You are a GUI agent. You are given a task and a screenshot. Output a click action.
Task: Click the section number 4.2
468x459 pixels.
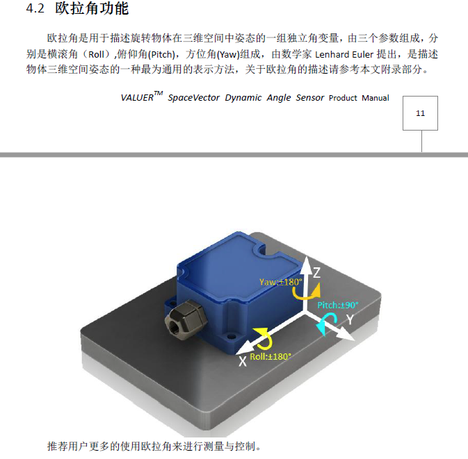pyautogui.click(x=35, y=8)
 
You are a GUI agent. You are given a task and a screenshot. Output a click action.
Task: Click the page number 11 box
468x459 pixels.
pyautogui.click(x=420, y=113)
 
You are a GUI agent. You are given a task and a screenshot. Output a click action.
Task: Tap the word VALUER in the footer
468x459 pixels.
pyautogui.click(x=137, y=98)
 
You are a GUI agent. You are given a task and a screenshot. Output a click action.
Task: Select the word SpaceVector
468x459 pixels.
pyautogui.click(x=193, y=98)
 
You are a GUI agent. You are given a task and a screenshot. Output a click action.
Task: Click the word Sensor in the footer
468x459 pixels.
pyautogui.click(x=310, y=98)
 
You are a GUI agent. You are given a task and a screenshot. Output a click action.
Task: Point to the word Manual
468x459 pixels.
pyautogui.click(x=376, y=98)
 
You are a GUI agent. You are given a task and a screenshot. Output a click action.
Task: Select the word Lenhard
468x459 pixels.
pyautogui.click(x=332, y=55)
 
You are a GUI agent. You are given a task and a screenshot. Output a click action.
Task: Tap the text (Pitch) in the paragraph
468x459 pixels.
pyautogui.click(x=161, y=55)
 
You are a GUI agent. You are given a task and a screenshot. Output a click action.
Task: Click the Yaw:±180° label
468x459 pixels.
pyautogui.click(x=280, y=282)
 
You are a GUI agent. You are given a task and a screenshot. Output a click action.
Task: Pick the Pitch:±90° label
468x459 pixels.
pyautogui.click(x=337, y=306)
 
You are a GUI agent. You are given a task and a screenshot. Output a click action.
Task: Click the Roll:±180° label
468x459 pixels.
pyautogui.click(x=271, y=357)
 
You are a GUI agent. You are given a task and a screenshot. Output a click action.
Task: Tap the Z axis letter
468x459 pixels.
pyautogui.click(x=316, y=272)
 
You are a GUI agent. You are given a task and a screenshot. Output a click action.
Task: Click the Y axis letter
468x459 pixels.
pyautogui.click(x=350, y=319)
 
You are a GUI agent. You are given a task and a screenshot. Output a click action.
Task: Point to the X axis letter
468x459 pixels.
pyautogui.click(x=243, y=362)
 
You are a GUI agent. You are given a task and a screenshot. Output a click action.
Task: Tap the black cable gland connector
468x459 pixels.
pyautogui.click(x=186, y=319)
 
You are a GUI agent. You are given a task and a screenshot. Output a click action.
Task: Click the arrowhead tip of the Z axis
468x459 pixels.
pyautogui.click(x=307, y=256)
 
